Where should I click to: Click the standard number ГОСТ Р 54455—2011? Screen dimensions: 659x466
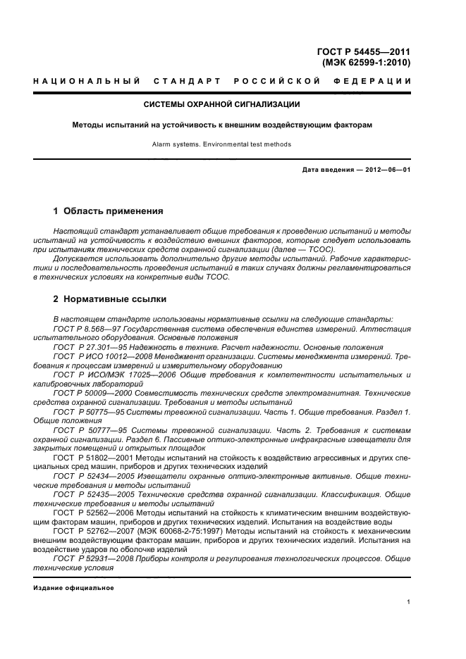click(x=364, y=51)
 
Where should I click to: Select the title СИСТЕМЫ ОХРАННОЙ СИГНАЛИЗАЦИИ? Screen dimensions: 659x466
click(x=222, y=105)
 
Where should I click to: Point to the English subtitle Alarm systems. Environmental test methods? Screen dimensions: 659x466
click(x=222, y=144)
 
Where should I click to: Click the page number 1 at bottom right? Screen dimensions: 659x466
click(x=409, y=601)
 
